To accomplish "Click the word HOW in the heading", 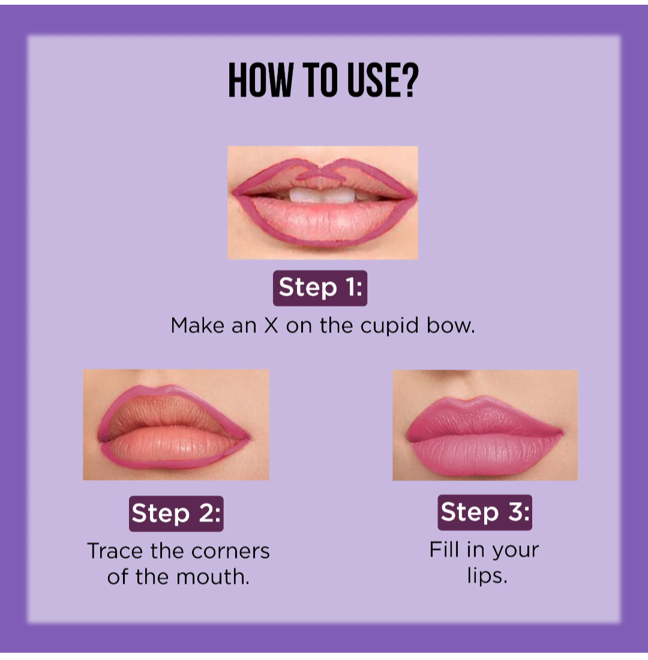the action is pos(260,80).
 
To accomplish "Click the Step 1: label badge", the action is pos(320,288).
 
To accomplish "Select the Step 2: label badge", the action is pos(176,514).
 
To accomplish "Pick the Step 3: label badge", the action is pos(485,512).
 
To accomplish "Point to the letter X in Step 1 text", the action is pos(271,325).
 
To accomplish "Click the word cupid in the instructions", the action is pos(389,326).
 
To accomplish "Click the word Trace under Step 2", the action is pos(115,551).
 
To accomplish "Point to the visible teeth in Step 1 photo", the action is pos(322,195).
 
